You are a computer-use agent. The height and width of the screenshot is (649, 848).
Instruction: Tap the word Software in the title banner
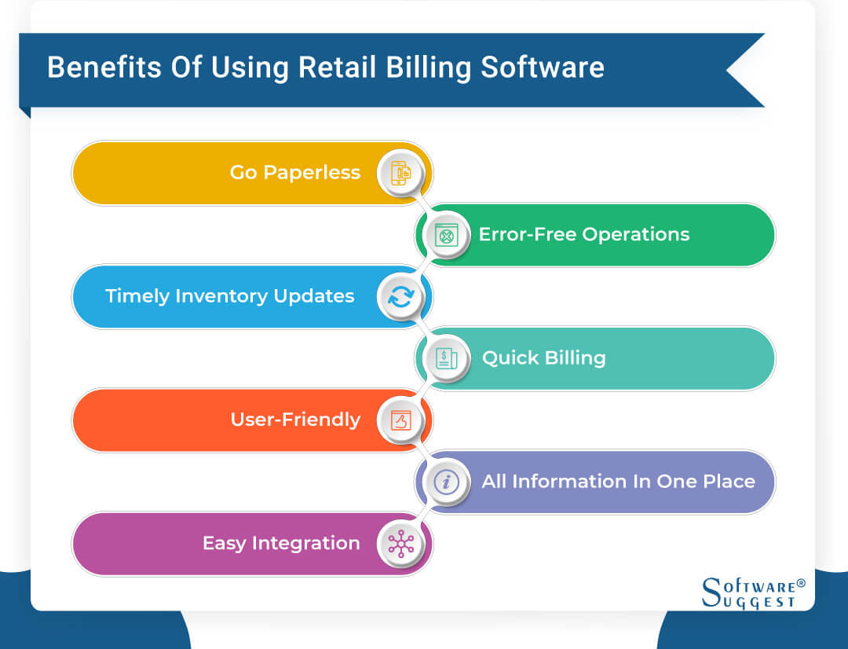pos(543,68)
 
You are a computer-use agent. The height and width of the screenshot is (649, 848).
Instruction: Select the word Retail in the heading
pos(338,68)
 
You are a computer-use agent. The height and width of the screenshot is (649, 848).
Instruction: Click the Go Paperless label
pos(294,173)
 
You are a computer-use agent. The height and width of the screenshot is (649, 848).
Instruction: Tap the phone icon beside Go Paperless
pos(400,174)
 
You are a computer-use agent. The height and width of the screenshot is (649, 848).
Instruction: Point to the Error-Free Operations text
pos(584,234)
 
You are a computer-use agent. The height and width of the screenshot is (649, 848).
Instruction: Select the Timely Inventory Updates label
pos(229,296)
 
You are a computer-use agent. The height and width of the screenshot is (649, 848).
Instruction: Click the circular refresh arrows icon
pos(400,297)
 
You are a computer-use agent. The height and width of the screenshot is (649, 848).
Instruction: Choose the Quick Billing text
pos(543,358)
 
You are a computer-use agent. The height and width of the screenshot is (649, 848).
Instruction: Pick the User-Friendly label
pos(295,420)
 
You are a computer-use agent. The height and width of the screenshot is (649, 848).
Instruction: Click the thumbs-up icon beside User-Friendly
pos(400,420)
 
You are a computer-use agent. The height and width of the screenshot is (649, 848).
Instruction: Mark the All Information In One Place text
pos(618,482)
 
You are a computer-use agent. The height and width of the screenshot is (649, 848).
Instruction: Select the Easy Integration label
pos(281,543)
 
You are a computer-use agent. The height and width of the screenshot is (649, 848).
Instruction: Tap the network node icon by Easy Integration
pos(400,544)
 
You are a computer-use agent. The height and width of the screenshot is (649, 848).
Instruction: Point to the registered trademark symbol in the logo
pos(801,584)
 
